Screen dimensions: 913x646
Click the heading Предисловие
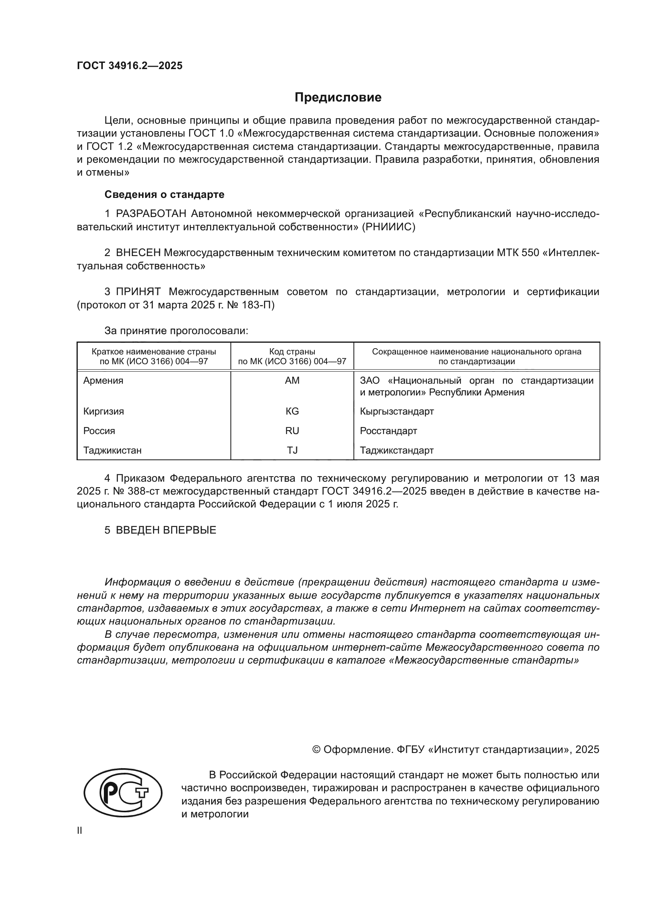pyautogui.click(x=338, y=98)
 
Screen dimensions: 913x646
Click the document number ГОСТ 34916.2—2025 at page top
pyautogui.click(x=130, y=66)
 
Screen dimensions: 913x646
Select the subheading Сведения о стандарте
pyautogui.click(x=164, y=194)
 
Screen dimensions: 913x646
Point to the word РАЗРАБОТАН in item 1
pyautogui.click(x=151, y=214)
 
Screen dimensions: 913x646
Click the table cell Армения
pyautogui.click(x=103, y=381)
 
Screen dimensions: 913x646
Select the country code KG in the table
pyautogui.click(x=292, y=411)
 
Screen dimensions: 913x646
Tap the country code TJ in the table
pyautogui.click(x=292, y=450)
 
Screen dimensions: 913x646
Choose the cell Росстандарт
pyautogui.click(x=388, y=431)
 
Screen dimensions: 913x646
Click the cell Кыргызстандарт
pyautogui.click(x=396, y=411)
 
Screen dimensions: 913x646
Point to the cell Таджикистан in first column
pyautogui.click(x=112, y=450)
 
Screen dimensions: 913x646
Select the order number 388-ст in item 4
pyautogui.click(x=141, y=491)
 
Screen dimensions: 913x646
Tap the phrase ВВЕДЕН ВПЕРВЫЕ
pyautogui.click(x=166, y=530)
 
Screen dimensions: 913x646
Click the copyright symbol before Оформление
pyautogui.click(x=316, y=749)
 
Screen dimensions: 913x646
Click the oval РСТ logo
pyautogui.click(x=123, y=792)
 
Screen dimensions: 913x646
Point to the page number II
pyautogui.click(x=80, y=830)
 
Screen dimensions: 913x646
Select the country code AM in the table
pyautogui.click(x=292, y=381)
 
